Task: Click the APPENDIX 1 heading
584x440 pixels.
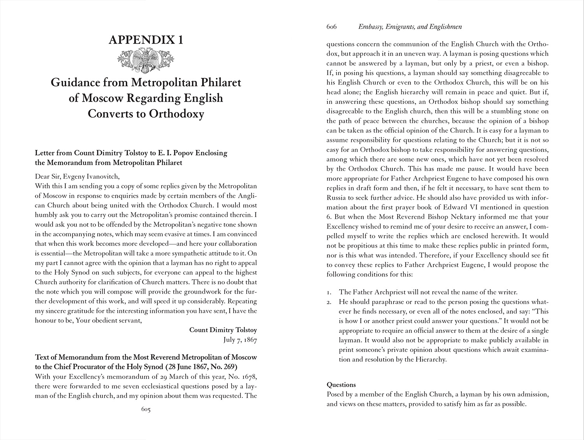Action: click(x=146, y=40)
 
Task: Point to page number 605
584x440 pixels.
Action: click(x=146, y=410)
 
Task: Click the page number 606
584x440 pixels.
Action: click(x=331, y=27)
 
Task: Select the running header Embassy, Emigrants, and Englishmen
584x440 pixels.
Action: click(x=410, y=27)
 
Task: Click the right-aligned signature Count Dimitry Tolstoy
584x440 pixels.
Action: click(x=223, y=330)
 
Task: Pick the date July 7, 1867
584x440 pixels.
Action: click(x=240, y=340)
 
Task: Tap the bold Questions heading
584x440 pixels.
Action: click(x=341, y=385)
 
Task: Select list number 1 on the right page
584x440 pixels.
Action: click(x=329, y=292)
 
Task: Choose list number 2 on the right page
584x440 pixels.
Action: click(x=329, y=302)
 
